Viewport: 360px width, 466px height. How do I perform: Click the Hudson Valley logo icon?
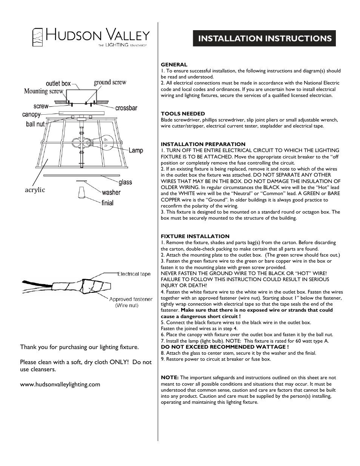tap(38, 37)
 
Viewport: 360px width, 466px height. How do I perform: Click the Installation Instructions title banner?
tap(264, 38)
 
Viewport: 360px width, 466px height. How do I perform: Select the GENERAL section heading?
tap(174, 65)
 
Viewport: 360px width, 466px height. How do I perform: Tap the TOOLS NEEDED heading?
tap(183, 114)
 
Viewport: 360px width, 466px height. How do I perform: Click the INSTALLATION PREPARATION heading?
tap(203, 144)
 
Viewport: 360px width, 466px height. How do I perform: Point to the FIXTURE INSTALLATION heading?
tap(195, 236)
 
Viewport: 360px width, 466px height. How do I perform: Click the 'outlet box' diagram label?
tap(58, 83)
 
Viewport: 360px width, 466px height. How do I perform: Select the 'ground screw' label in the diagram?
tap(110, 82)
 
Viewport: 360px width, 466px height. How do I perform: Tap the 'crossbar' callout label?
tap(126, 108)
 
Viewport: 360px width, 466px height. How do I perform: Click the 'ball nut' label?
tap(35, 124)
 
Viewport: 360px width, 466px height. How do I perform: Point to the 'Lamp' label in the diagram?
tap(136, 151)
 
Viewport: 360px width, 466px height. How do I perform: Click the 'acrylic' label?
tap(35, 190)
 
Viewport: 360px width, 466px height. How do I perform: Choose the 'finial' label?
tap(107, 203)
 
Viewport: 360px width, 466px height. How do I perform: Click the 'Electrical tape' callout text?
tap(134, 274)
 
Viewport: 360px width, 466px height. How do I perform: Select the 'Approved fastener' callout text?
tap(131, 299)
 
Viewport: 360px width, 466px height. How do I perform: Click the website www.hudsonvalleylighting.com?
tap(60, 384)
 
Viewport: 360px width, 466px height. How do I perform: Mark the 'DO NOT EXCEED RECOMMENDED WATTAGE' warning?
tap(225, 347)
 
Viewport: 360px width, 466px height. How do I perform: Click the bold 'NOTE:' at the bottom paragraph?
tap(170, 377)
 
